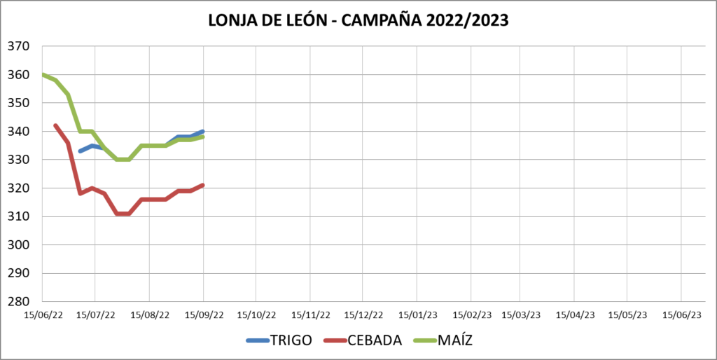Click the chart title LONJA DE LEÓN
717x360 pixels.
click(x=358, y=20)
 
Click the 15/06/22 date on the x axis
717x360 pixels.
click(x=44, y=315)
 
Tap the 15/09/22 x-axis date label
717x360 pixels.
click(x=204, y=315)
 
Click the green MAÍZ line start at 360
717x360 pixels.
click(x=43, y=75)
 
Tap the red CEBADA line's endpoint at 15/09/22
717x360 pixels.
click(x=203, y=185)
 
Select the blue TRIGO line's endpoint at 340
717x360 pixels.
click(x=203, y=131)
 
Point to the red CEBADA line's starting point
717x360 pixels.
click(x=55, y=125)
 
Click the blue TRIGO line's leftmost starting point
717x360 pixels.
click(x=80, y=151)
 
